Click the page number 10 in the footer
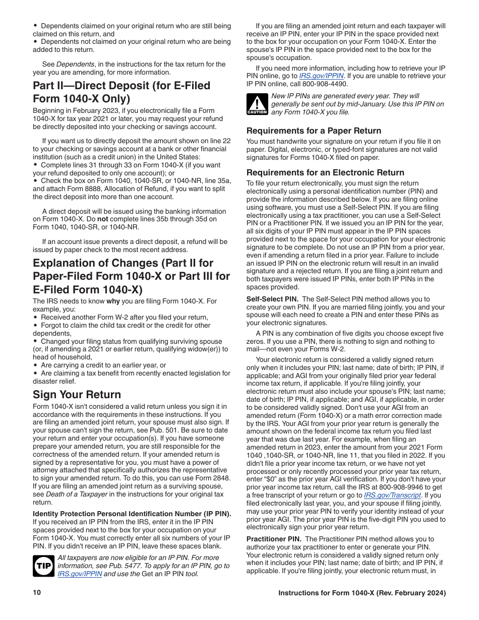[x=37, y=593]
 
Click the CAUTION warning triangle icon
[x=257, y=104]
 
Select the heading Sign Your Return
[x=77, y=394]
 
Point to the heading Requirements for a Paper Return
[x=314, y=131]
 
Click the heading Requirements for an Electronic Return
[x=325, y=172]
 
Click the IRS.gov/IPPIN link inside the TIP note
[x=80, y=574]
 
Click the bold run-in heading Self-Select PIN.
[x=272, y=299]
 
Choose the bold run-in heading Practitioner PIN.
[x=274, y=539]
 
